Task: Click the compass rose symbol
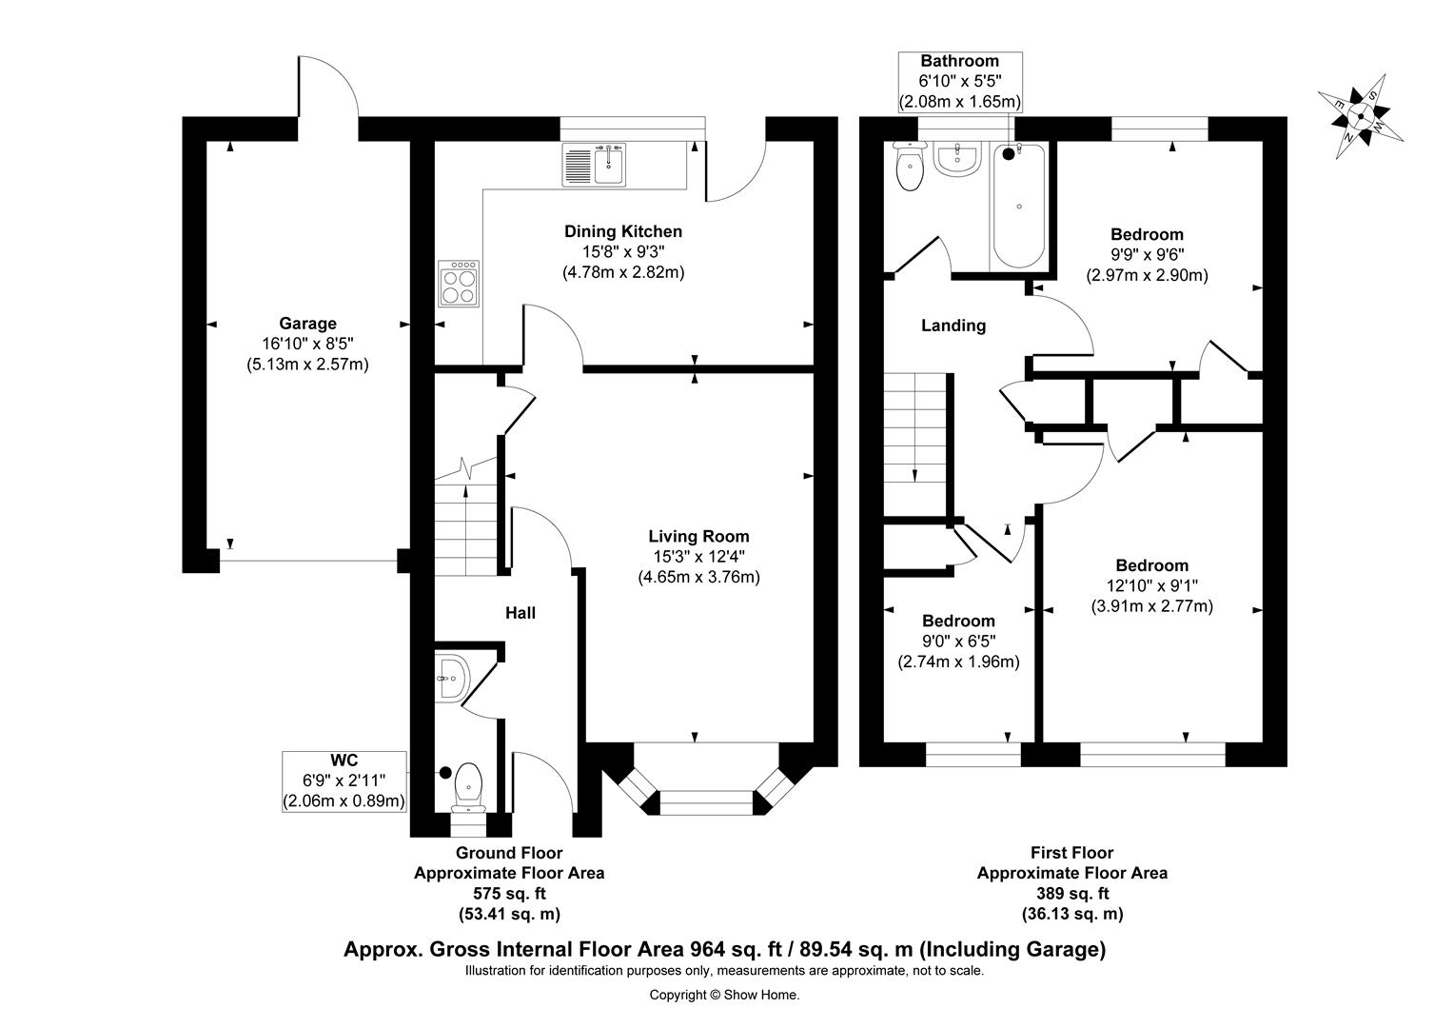(x=1360, y=117)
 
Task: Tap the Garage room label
(x=307, y=324)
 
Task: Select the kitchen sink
(x=596, y=165)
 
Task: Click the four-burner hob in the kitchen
(x=459, y=283)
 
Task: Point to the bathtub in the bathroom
(x=1018, y=206)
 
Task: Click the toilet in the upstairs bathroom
(x=910, y=167)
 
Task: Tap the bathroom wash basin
(x=956, y=160)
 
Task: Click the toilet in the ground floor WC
(x=469, y=788)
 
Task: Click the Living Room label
(x=699, y=537)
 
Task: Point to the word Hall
(x=521, y=613)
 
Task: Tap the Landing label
(x=953, y=326)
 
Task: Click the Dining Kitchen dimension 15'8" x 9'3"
(x=623, y=252)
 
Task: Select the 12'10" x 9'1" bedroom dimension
(x=1152, y=585)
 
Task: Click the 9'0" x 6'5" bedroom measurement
(x=959, y=642)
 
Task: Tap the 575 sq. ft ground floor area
(x=509, y=894)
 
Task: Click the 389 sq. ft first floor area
(x=1072, y=894)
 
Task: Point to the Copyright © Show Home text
(x=724, y=995)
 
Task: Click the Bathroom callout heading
(x=959, y=61)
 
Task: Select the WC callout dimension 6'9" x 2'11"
(x=344, y=780)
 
